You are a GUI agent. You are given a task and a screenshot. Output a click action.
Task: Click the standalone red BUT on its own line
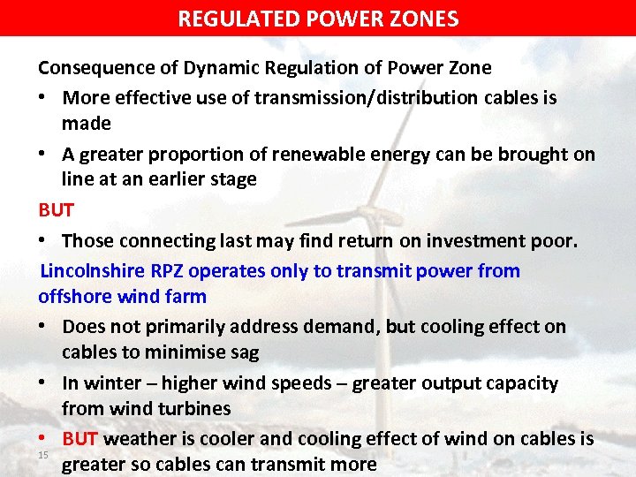56,210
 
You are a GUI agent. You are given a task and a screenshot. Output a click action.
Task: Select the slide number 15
44,455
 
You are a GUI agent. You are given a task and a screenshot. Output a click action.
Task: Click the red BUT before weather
80,439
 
